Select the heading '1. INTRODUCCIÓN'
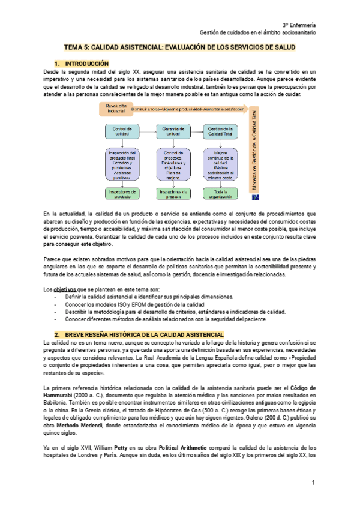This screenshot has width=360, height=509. (x=82, y=63)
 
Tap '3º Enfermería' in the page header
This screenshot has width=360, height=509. (x=298, y=23)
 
